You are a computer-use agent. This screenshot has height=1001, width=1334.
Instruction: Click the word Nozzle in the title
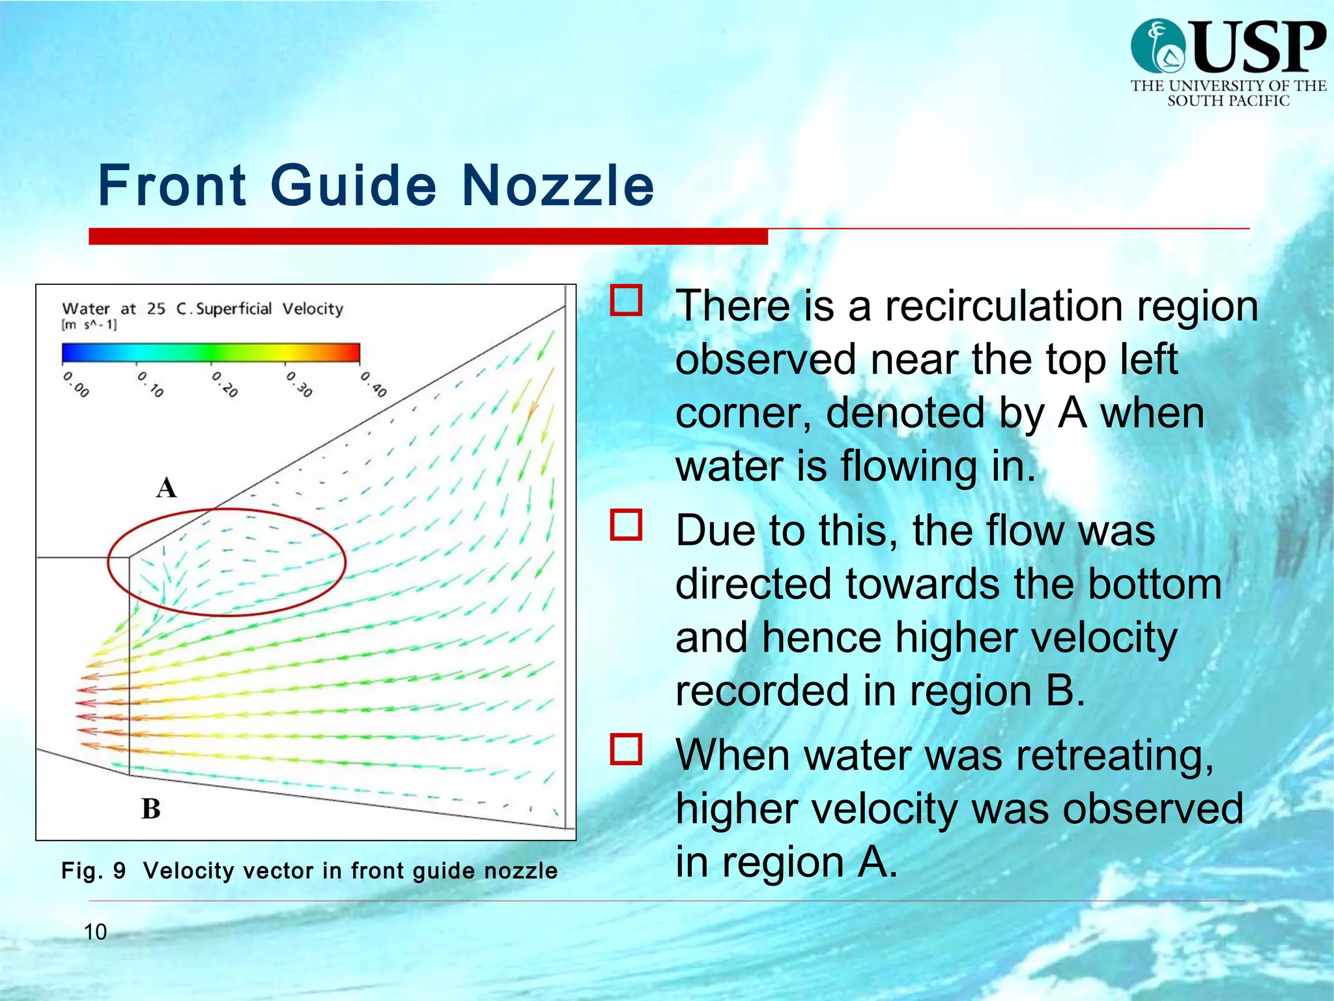click(558, 186)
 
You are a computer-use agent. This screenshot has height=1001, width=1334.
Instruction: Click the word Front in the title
click(173, 186)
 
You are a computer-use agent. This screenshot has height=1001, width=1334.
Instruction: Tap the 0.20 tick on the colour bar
click(225, 384)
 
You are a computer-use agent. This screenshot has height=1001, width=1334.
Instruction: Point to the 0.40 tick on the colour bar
click(374, 384)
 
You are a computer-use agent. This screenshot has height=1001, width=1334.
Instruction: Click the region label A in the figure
click(167, 487)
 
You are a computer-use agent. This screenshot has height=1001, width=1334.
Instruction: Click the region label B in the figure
click(151, 809)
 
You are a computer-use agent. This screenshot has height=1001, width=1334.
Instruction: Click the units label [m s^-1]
click(89, 325)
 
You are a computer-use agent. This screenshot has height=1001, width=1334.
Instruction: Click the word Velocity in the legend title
click(313, 308)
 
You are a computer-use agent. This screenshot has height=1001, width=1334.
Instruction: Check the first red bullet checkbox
click(626, 300)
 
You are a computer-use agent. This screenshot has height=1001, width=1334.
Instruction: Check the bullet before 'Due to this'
click(626, 525)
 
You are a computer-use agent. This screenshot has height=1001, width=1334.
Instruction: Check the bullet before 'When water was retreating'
click(626, 749)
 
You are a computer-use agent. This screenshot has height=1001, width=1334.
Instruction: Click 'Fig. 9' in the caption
click(93, 871)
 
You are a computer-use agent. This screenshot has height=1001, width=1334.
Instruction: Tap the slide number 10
click(95, 932)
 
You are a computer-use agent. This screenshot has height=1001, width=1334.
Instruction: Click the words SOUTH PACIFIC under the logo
click(1228, 101)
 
